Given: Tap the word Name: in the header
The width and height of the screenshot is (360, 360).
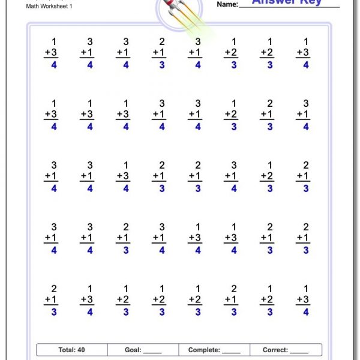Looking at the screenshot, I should pyautogui.click(x=227, y=5).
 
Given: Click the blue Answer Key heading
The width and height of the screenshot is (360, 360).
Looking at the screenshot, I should pyautogui.click(x=287, y=2).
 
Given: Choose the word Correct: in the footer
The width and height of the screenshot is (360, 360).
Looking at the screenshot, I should pyautogui.click(x=275, y=350).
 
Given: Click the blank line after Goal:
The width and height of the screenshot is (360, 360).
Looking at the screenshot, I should pyautogui.click(x=153, y=351).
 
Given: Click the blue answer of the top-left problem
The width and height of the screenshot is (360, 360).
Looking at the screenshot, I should pyautogui.click(x=54, y=65).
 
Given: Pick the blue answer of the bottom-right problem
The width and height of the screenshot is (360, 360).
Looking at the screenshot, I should pyautogui.click(x=306, y=312).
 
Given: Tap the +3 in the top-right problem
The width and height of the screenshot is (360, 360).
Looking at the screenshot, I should pyautogui.click(x=302, y=53).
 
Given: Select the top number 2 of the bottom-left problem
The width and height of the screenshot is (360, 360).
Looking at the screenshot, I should pyautogui.click(x=54, y=289).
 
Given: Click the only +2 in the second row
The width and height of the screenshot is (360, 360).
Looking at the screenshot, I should pyautogui.click(x=231, y=114).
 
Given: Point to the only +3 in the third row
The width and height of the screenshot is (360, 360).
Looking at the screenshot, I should pyautogui.click(x=123, y=176).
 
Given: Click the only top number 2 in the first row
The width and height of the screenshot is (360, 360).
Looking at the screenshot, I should pyautogui.click(x=162, y=41).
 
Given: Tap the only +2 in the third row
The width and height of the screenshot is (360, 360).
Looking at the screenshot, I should pyautogui.click(x=267, y=176).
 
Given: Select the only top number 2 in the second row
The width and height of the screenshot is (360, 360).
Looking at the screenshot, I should pyautogui.click(x=270, y=103).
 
